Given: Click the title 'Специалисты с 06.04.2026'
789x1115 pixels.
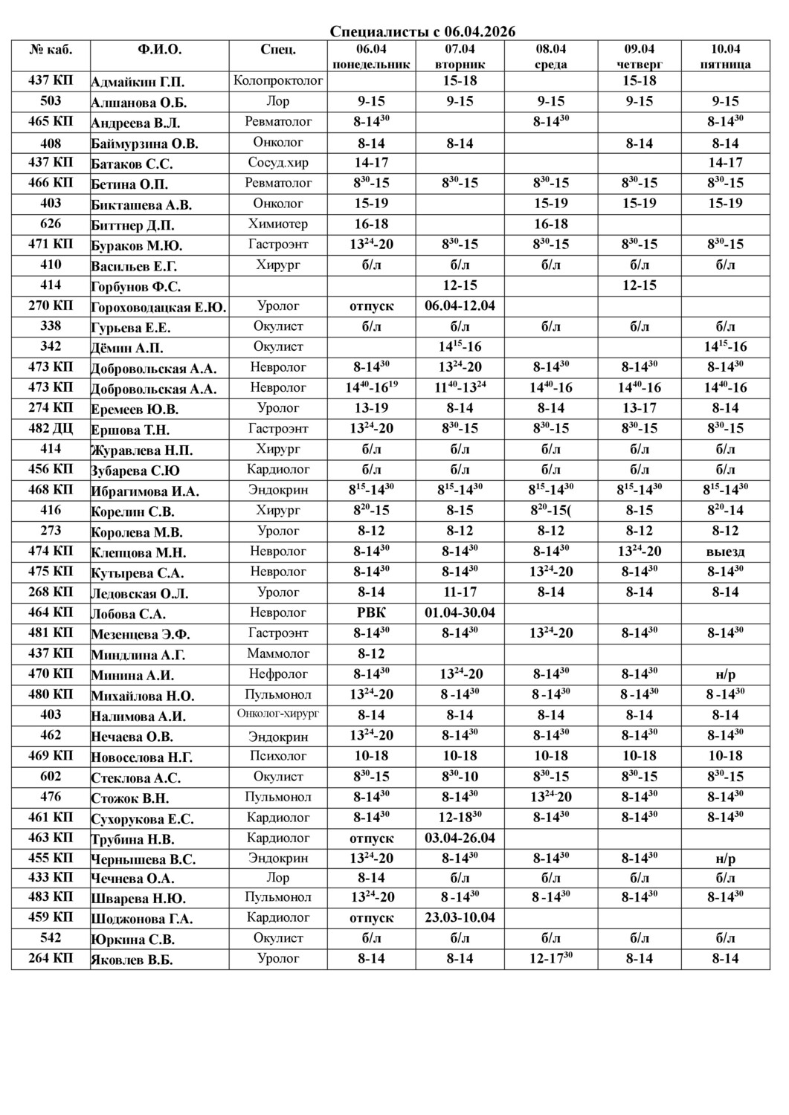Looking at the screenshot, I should [x=422, y=31].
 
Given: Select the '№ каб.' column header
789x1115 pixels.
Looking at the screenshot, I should [x=51, y=50].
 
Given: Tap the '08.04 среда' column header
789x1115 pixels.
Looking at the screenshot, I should [x=550, y=56].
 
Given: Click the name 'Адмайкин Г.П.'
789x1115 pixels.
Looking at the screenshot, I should [x=138, y=82].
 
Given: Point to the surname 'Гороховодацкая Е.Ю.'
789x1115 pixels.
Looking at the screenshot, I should [x=158, y=307].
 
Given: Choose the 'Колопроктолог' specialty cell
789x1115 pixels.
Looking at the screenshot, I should [x=278, y=80].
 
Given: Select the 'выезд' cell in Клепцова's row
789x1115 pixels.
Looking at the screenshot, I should [x=725, y=551].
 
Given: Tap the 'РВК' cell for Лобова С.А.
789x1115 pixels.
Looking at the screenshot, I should [x=371, y=613].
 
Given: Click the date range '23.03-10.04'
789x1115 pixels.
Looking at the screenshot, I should [x=460, y=917].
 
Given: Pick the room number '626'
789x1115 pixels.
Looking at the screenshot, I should [x=51, y=224].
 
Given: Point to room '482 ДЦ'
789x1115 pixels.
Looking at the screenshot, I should [x=51, y=428].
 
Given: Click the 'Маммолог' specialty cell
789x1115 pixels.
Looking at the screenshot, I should [x=278, y=653].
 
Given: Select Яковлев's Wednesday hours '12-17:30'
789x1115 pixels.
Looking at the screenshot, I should [x=550, y=958].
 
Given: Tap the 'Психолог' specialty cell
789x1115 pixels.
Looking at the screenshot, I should [x=278, y=756].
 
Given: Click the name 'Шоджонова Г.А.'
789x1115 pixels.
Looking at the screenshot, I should [x=141, y=919].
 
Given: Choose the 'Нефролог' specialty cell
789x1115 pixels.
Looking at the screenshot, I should [x=278, y=674].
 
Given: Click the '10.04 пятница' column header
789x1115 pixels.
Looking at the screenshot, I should [x=725, y=56].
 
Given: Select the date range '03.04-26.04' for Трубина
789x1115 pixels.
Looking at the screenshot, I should [x=460, y=838].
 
